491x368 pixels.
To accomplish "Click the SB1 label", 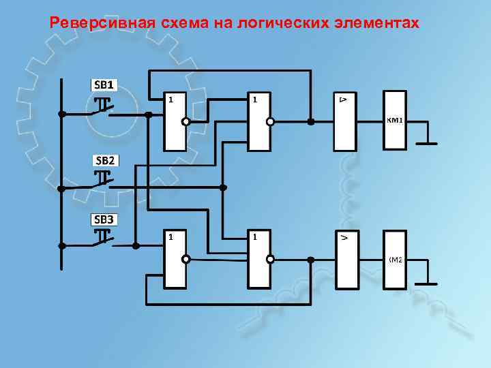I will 106,85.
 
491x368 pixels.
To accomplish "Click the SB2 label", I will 106,161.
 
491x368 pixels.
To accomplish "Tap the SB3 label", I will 106,219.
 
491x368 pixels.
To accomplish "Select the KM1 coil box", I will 396,120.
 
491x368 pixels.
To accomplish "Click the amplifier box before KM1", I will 344,121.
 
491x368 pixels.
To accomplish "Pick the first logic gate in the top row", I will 174,121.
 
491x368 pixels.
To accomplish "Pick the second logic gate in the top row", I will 258,121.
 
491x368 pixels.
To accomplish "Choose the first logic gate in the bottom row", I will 175,258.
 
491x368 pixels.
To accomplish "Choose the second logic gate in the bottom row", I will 258,258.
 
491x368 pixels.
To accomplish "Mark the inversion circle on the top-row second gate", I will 270,122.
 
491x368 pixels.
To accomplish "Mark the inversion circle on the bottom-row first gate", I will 185,259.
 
